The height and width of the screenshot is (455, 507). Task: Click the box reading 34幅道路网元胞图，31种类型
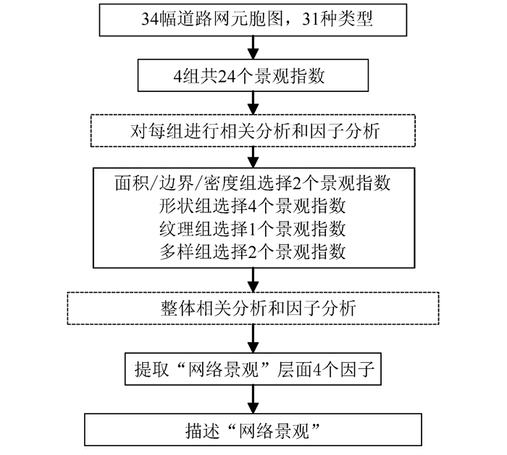point(253,20)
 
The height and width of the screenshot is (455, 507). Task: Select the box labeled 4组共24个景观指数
point(253,74)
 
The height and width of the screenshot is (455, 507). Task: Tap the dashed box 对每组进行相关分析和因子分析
point(253,130)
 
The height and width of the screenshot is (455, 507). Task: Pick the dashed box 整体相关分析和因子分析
point(253,308)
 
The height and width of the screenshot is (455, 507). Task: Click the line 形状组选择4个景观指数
point(253,206)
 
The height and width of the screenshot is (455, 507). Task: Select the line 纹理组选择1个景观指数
point(253,229)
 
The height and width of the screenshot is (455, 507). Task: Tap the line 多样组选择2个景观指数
point(253,252)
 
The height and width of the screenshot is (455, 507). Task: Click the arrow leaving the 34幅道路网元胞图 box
point(253,46)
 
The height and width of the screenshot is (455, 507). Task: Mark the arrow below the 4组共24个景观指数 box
point(253,101)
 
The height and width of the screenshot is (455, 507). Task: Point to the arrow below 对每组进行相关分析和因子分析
point(253,157)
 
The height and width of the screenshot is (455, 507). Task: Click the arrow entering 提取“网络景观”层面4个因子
point(253,339)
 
